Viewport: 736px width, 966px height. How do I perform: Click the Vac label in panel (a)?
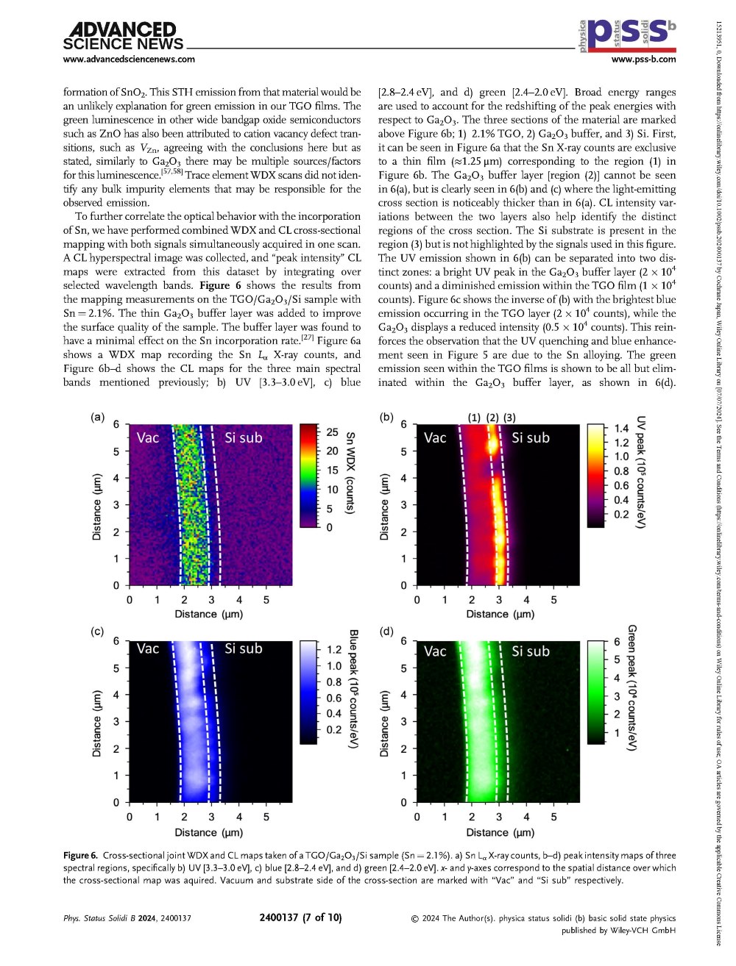pos(148,438)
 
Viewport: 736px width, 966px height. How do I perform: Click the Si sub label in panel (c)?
pos(243,648)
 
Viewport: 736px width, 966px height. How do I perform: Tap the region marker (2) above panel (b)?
pos(492,418)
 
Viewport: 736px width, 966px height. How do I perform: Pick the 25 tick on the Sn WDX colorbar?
pos(332,432)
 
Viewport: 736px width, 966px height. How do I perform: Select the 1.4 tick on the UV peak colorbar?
pos(622,429)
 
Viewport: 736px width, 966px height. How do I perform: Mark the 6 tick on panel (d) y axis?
pos(403,641)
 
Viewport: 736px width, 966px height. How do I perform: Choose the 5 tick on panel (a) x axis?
pos(266,600)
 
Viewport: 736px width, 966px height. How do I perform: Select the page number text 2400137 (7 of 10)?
pos(300,917)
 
